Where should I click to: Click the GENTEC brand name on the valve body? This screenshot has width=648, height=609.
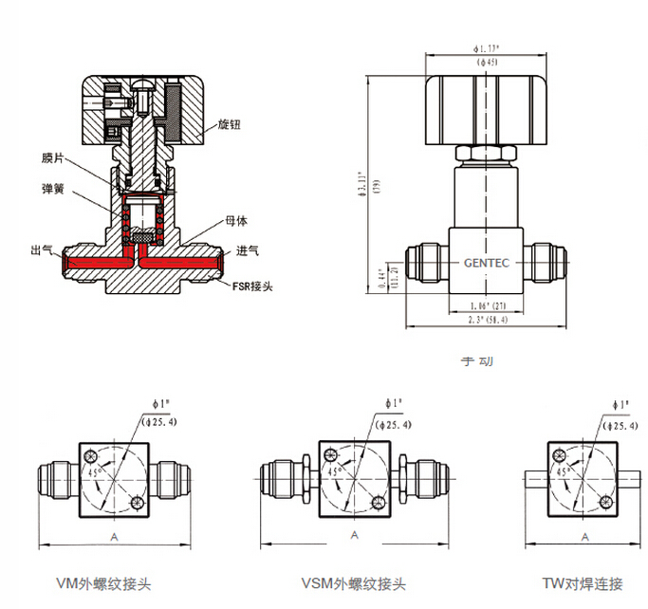(488, 264)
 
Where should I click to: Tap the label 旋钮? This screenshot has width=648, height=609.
(231, 123)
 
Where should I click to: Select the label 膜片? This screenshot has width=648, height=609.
(54, 158)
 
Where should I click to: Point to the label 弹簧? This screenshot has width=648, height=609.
(54, 188)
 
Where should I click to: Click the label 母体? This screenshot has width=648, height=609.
(236, 221)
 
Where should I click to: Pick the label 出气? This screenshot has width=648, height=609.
(42, 249)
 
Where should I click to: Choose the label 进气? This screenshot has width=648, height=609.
(248, 250)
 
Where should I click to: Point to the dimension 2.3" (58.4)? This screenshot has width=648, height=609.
(488, 322)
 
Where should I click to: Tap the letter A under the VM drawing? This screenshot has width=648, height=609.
(115, 538)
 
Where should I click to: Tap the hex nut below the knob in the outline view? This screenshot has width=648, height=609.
(487, 153)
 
